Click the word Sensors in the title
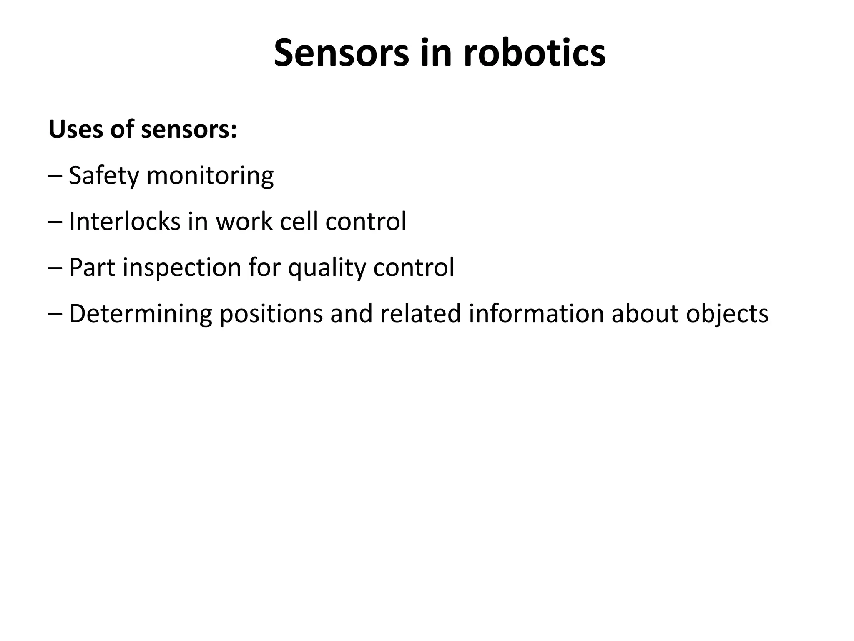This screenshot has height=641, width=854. click(x=342, y=53)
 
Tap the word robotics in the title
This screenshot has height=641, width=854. click(x=534, y=53)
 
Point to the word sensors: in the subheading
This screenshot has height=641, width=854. click(x=189, y=129)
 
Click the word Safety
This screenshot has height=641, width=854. click(x=103, y=176)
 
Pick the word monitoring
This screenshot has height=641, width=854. click(x=210, y=176)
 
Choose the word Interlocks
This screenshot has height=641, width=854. click(x=125, y=221)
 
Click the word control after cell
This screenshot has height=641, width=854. click(x=366, y=221)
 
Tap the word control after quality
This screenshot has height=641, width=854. click(x=414, y=268)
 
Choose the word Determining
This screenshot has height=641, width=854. click(x=141, y=314)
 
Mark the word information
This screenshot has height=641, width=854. click(x=536, y=313)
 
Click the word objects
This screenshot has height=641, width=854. click(x=727, y=314)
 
